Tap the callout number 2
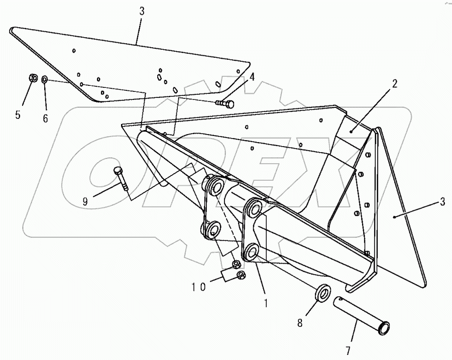tap(395, 84)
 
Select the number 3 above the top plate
tap(142, 11)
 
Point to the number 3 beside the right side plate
tap(442, 202)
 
